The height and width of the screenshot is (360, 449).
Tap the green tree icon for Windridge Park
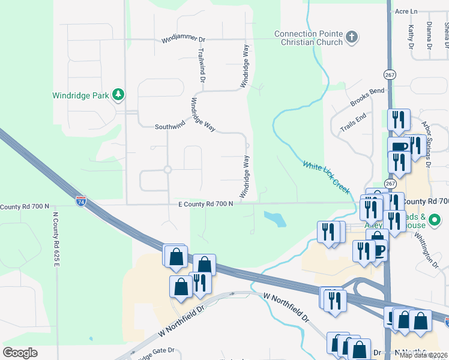pos(119,94)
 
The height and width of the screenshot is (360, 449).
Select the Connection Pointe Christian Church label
pos(308,38)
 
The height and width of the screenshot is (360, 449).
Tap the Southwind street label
pos(170,127)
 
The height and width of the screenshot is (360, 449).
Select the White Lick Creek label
pos(326,177)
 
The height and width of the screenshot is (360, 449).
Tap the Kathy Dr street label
pos(411,37)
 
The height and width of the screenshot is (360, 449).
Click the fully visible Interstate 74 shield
pos(80,202)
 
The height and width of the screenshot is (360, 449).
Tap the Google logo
pos(20,353)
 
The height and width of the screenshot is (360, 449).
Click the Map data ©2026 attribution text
pos(423,355)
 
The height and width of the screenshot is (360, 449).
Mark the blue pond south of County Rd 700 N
pos(274,218)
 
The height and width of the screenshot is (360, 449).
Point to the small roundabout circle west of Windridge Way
pos(167,170)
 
